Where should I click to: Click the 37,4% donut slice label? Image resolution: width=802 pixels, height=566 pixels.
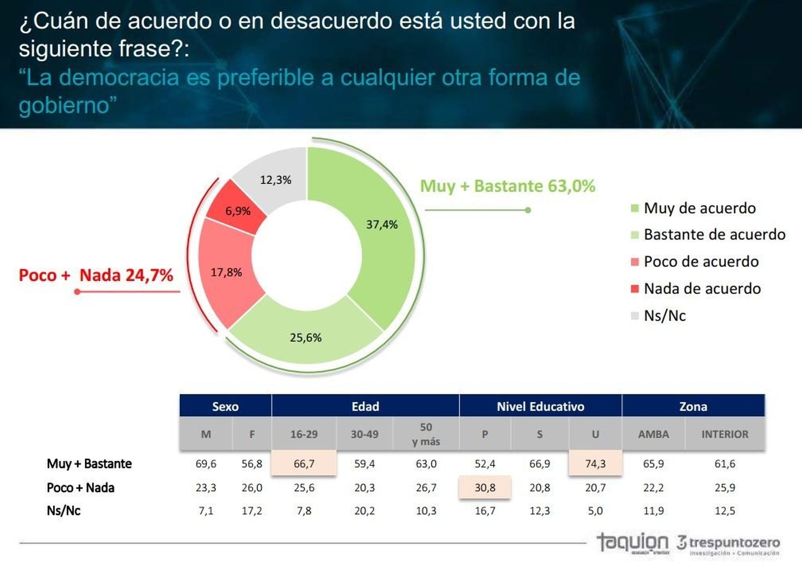[x=382, y=225]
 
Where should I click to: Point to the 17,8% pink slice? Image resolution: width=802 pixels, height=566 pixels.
[x=226, y=273]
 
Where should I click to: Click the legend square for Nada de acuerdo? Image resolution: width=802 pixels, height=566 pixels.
[x=634, y=289]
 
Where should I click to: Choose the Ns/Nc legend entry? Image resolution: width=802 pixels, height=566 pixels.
[x=664, y=316]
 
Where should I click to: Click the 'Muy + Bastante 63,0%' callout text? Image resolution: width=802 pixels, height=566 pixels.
[x=507, y=186]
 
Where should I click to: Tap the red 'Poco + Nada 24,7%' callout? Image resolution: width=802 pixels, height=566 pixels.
[x=96, y=275]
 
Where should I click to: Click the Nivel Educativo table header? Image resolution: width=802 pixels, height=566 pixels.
[x=540, y=406]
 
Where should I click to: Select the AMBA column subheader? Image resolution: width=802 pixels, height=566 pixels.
[x=653, y=434]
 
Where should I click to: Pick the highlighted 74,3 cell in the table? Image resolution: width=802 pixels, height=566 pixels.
[x=595, y=464]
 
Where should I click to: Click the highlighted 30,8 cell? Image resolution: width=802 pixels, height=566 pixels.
[x=485, y=487]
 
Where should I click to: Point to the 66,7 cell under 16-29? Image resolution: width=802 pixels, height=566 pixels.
[x=304, y=464]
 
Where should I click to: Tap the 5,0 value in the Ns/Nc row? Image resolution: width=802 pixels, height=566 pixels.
[x=595, y=511]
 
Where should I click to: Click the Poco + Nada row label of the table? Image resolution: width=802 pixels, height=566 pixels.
[x=81, y=488]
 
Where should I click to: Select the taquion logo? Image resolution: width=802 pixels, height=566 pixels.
[x=632, y=543]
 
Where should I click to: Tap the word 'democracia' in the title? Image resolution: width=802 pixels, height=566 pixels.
[x=119, y=78]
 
